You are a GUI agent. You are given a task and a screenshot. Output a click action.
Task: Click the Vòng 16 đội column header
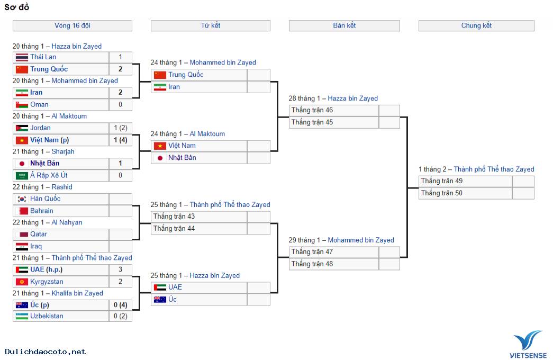(x=72, y=25)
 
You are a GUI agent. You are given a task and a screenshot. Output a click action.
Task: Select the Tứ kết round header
(x=210, y=25)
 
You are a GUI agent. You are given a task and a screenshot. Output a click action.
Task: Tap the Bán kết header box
(x=344, y=25)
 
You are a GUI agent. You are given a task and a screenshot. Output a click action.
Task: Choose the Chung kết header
(x=476, y=25)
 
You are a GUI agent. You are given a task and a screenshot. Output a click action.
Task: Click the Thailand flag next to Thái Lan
(x=22, y=57)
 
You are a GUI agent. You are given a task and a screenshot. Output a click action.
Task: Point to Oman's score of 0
(x=120, y=104)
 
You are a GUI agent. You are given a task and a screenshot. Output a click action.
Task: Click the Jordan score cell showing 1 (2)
(x=120, y=128)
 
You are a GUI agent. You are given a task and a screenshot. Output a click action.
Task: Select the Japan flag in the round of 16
(x=22, y=163)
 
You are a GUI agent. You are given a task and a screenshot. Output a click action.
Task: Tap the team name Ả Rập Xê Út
(x=49, y=175)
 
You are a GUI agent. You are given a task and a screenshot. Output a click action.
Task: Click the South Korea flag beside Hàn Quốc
(x=22, y=199)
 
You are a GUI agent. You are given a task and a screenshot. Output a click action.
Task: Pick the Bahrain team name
(x=42, y=211)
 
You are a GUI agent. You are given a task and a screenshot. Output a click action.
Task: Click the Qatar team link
(x=39, y=234)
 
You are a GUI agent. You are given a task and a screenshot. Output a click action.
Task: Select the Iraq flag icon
(x=22, y=246)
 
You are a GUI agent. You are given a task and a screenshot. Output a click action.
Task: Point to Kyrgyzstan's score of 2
(x=120, y=282)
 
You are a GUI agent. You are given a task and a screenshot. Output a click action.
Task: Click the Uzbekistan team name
(x=47, y=316)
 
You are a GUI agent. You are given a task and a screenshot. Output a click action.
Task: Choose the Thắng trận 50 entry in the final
(x=442, y=193)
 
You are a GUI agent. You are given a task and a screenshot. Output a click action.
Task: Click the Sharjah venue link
(x=63, y=151)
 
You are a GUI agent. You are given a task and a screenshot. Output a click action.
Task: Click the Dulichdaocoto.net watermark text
(x=46, y=352)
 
